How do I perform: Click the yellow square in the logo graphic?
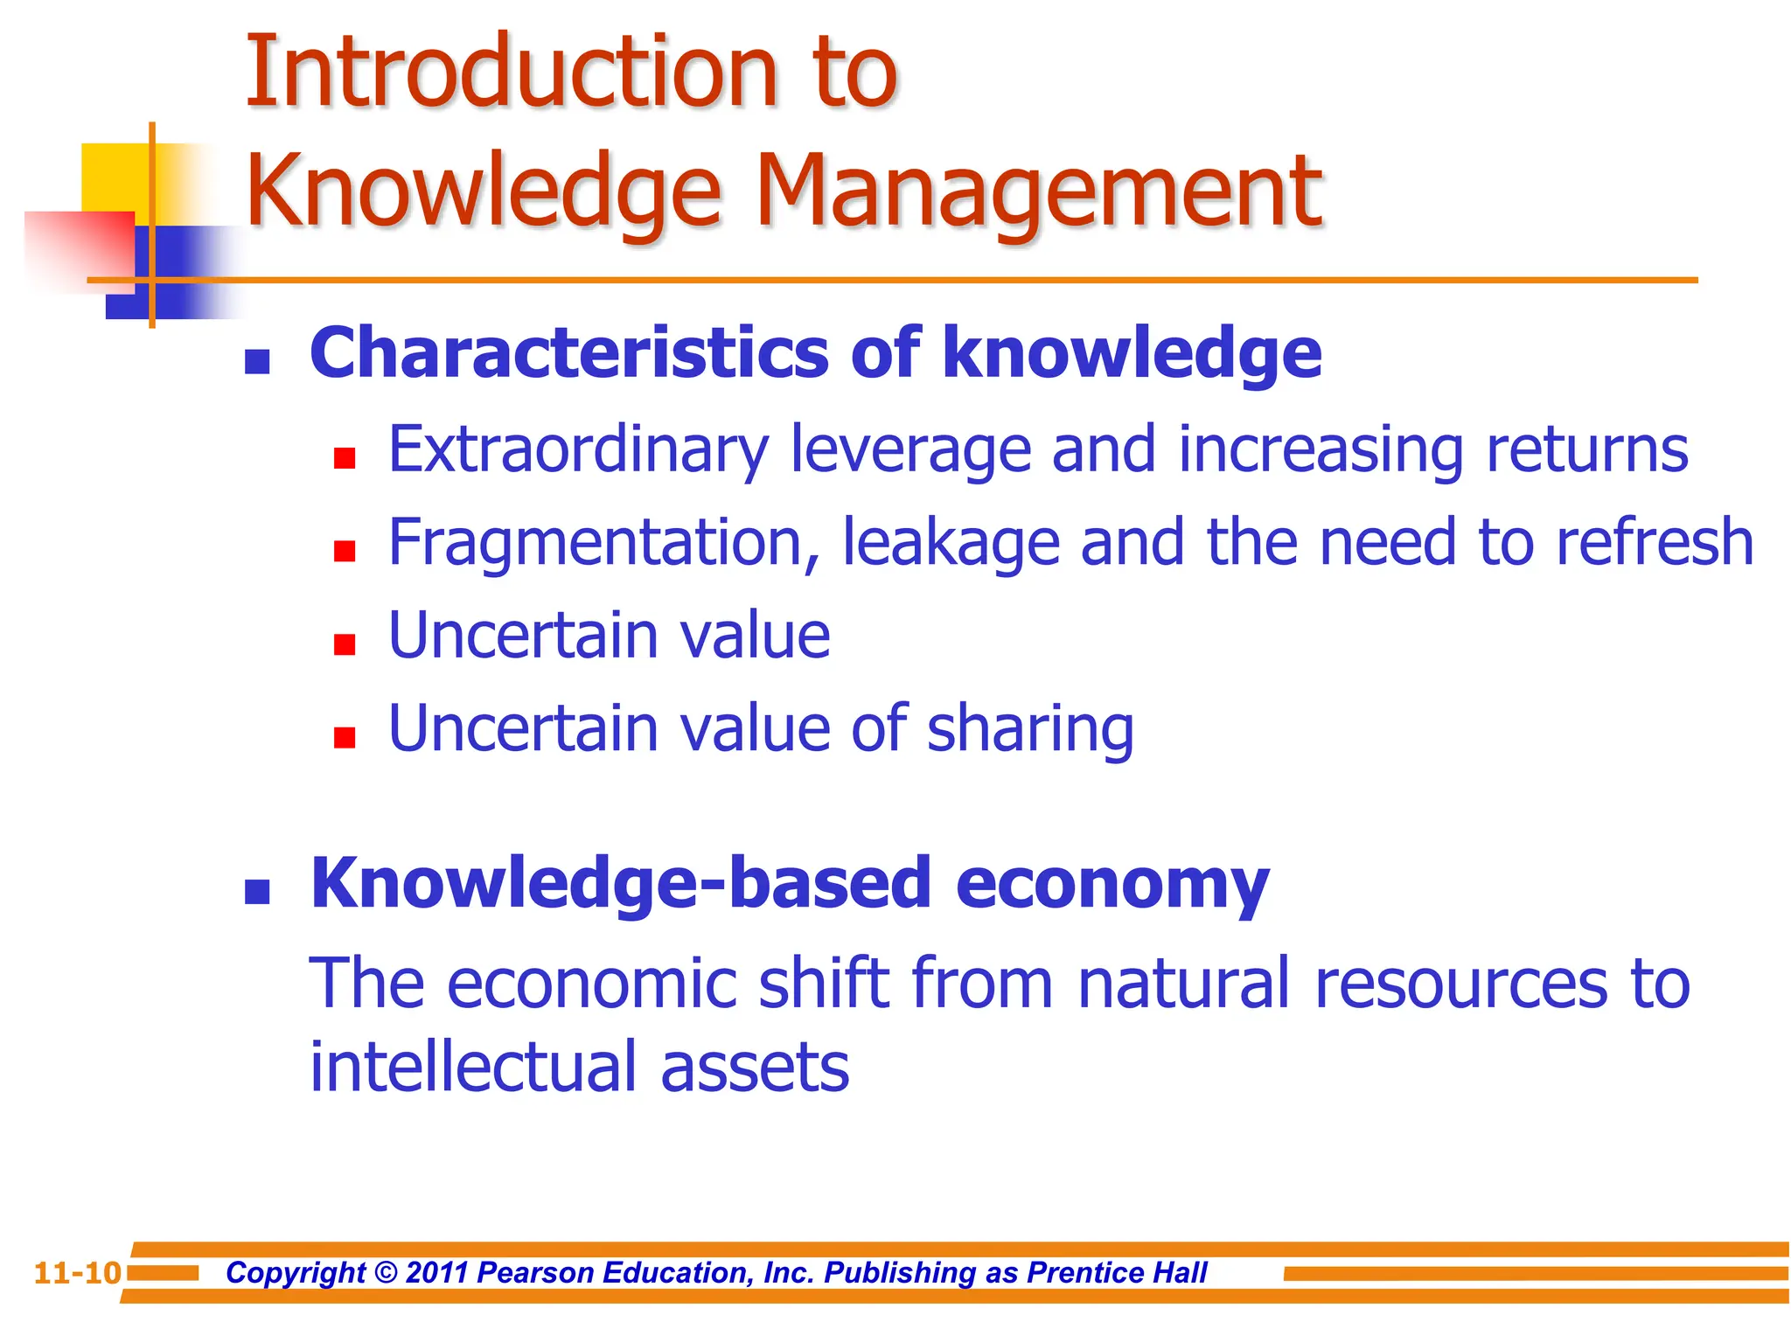click(114, 175)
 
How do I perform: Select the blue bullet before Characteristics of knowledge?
click(257, 362)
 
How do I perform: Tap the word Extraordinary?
click(578, 451)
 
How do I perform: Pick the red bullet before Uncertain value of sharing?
click(345, 738)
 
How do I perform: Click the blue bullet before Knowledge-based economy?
click(257, 892)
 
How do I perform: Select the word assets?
click(755, 1069)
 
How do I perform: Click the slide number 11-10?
click(77, 1273)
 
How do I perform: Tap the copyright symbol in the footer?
click(385, 1273)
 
